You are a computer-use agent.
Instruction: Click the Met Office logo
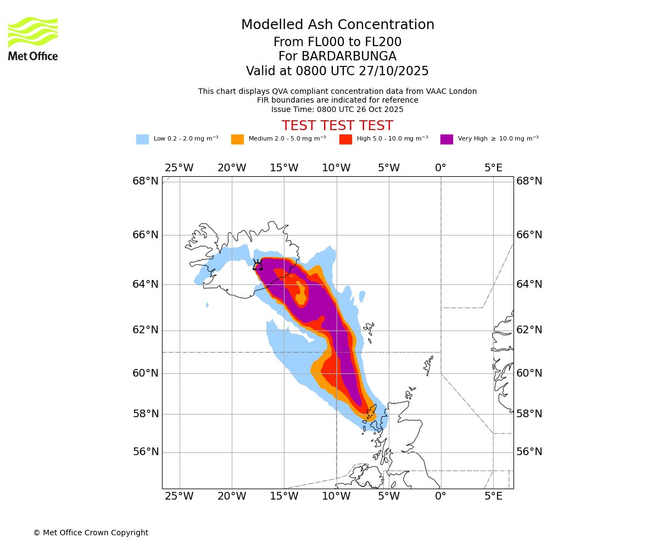tap(33, 38)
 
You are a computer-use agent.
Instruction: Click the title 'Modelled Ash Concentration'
tap(338, 25)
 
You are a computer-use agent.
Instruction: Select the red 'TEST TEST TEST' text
tap(337, 126)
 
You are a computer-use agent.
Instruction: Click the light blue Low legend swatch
tap(142, 139)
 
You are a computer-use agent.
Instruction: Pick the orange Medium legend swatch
tap(237, 139)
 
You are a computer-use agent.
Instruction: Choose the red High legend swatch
tap(345, 139)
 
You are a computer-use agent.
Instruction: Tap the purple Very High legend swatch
tap(446, 139)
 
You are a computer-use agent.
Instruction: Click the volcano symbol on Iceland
tap(258, 265)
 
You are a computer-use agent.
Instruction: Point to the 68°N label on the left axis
tap(146, 181)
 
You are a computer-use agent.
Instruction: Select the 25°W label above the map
tap(179, 168)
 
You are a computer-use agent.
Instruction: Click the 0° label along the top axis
tap(440, 168)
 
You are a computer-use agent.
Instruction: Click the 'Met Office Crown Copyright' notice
tap(91, 533)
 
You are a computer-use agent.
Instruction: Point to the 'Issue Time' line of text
tap(337, 109)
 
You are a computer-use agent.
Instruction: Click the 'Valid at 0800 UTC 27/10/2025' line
tap(337, 71)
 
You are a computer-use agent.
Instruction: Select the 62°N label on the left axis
tap(146, 330)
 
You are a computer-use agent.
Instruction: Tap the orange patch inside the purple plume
tap(300, 294)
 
